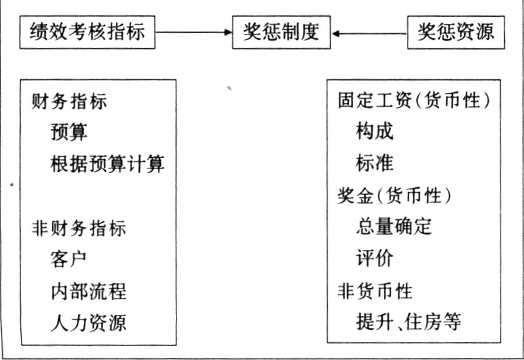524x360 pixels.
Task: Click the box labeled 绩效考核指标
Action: point(87,32)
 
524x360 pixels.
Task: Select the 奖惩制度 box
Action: point(281,32)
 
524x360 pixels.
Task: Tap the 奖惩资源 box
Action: point(456,32)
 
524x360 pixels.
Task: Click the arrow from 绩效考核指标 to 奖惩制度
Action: point(194,33)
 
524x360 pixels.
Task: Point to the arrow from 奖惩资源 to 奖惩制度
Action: point(369,33)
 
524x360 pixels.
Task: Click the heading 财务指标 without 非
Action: point(69,101)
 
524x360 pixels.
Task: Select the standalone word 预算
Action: point(69,132)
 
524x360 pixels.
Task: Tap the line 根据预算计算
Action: point(107,164)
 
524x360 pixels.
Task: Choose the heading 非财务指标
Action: point(79,228)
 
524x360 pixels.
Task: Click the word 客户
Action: point(69,259)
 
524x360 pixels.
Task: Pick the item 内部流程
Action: point(88,291)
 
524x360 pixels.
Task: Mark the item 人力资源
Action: point(88,323)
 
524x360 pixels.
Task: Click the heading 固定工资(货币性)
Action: point(414,100)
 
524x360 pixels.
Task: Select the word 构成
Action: point(374,130)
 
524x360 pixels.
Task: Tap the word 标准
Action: point(374,163)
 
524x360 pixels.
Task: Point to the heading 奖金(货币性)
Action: point(394,195)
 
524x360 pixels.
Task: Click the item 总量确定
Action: point(394,227)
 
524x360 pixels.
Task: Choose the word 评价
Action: point(374,259)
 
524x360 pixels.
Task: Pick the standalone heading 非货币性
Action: point(375,291)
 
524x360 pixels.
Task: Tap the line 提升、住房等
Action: point(409,322)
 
